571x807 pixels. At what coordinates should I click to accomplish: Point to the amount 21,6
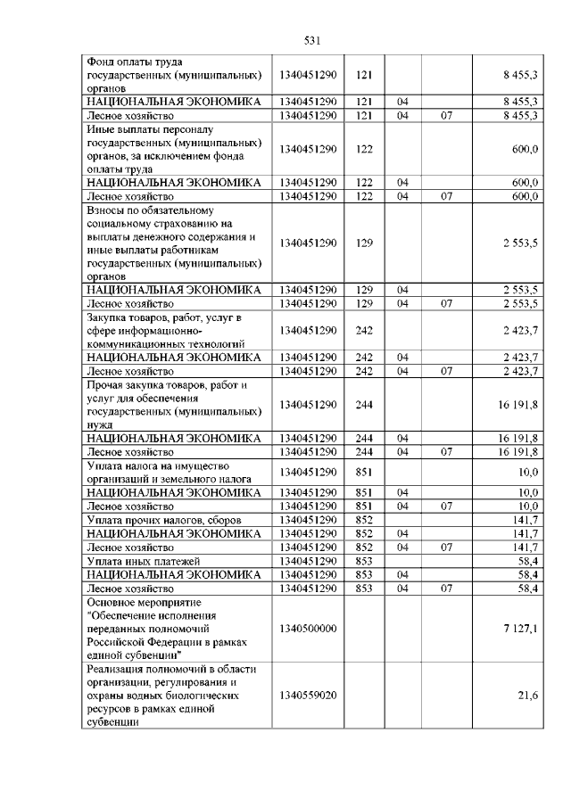pyautogui.click(x=527, y=695)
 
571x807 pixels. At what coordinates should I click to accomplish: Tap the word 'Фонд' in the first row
pyautogui.click(x=101, y=62)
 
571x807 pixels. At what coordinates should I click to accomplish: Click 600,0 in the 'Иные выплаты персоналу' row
pyautogui.click(x=523, y=149)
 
